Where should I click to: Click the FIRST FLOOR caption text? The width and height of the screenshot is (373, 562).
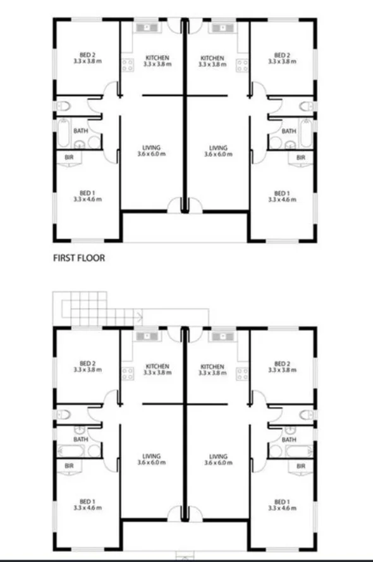pyautogui.click(x=79, y=258)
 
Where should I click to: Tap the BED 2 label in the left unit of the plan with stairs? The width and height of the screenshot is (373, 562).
pyautogui.click(x=86, y=363)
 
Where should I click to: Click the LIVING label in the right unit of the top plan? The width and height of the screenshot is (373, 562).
pyautogui.click(x=218, y=148)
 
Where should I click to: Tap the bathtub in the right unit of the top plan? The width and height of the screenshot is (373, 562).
pyautogui.click(x=305, y=133)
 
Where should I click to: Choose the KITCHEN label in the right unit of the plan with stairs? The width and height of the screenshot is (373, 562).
pyautogui.click(x=211, y=367)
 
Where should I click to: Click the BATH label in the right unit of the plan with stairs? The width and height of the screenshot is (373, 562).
pyautogui.click(x=289, y=439)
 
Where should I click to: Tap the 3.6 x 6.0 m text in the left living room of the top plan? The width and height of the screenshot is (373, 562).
pyautogui.click(x=151, y=154)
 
